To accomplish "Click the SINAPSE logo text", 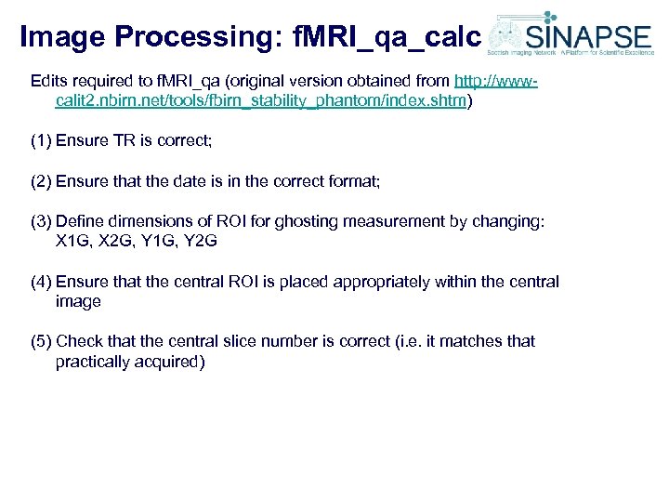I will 588,38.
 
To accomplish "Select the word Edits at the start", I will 50,81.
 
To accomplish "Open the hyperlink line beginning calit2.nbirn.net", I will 261,101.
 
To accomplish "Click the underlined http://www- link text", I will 495,81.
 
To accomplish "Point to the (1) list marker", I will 41,140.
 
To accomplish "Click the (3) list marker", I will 41,222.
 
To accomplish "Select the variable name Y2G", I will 203,242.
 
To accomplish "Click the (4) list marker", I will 41,282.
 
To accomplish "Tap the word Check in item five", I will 78,341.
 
